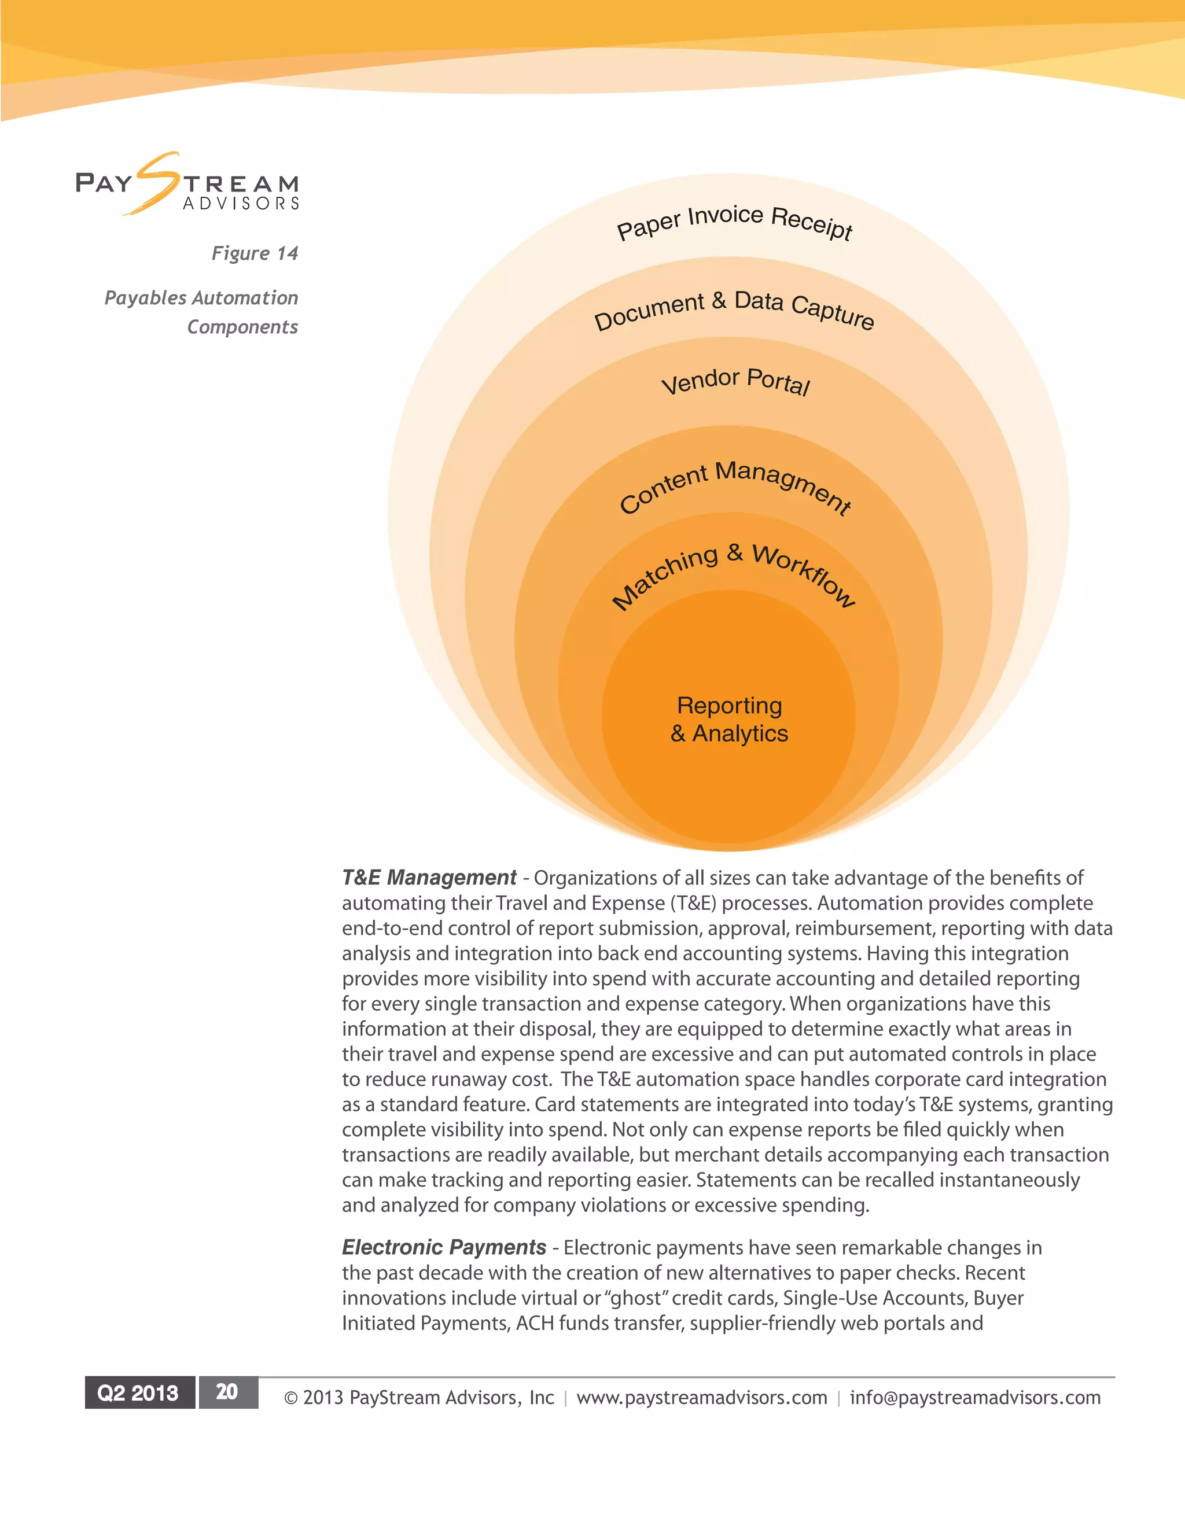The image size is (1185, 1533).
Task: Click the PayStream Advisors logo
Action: pyautogui.click(x=187, y=184)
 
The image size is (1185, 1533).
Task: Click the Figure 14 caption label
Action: pyautogui.click(x=255, y=253)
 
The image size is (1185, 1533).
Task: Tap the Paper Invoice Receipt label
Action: pyautogui.click(x=734, y=221)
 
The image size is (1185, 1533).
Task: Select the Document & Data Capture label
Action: pyautogui.click(x=734, y=309)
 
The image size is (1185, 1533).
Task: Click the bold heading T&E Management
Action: pyautogui.click(x=429, y=878)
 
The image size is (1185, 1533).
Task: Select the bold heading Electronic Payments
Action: pyautogui.click(x=444, y=1247)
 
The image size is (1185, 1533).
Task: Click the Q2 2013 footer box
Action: pyautogui.click(x=138, y=1392)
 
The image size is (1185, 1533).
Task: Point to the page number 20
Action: pyautogui.click(x=227, y=1392)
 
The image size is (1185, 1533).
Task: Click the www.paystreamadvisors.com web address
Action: pyautogui.click(x=701, y=1398)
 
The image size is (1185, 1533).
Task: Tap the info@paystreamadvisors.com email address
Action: pyautogui.click(x=975, y=1398)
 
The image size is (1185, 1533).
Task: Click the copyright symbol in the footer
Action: pyautogui.click(x=290, y=1398)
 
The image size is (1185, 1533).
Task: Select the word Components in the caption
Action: pyautogui.click(x=242, y=327)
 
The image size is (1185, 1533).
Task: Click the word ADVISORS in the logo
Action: pyautogui.click(x=241, y=204)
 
